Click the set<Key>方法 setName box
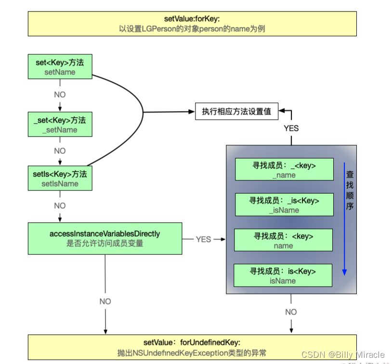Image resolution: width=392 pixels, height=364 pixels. [60, 67]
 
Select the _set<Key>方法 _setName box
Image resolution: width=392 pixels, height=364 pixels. [60, 125]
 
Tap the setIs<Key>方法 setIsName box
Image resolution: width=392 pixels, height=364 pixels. [60, 178]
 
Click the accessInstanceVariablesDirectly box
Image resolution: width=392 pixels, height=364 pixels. [105, 238]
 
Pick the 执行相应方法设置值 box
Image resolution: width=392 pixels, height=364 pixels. [236, 112]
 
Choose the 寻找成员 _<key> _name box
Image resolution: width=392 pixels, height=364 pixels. [284, 170]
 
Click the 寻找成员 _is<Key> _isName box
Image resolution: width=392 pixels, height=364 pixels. [284, 205]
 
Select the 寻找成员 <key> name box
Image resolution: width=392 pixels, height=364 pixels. [283, 241]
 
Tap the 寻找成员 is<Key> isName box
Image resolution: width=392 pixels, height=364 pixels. [283, 276]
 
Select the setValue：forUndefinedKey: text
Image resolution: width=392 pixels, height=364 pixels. [192, 342]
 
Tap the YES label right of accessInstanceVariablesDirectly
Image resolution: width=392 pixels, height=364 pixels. [203, 239]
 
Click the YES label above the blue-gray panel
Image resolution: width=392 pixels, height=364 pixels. [291, 128]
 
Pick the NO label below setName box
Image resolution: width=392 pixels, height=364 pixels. [60, 95]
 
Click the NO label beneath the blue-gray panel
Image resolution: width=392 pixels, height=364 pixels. [291, 312]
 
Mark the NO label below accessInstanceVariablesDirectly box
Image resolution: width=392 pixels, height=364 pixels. [105, 301]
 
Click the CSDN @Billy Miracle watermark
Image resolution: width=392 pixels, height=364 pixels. [343, 355]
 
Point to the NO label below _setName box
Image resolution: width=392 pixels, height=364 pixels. [60, 151]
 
